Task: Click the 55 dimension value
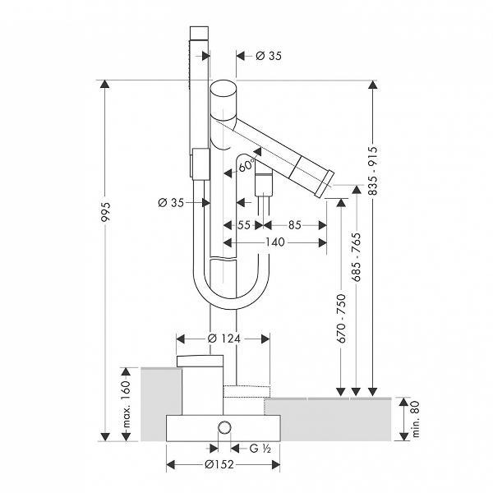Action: coord(243,223)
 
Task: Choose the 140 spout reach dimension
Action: coord(274,242)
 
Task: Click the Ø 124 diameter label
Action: coord(223,337)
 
